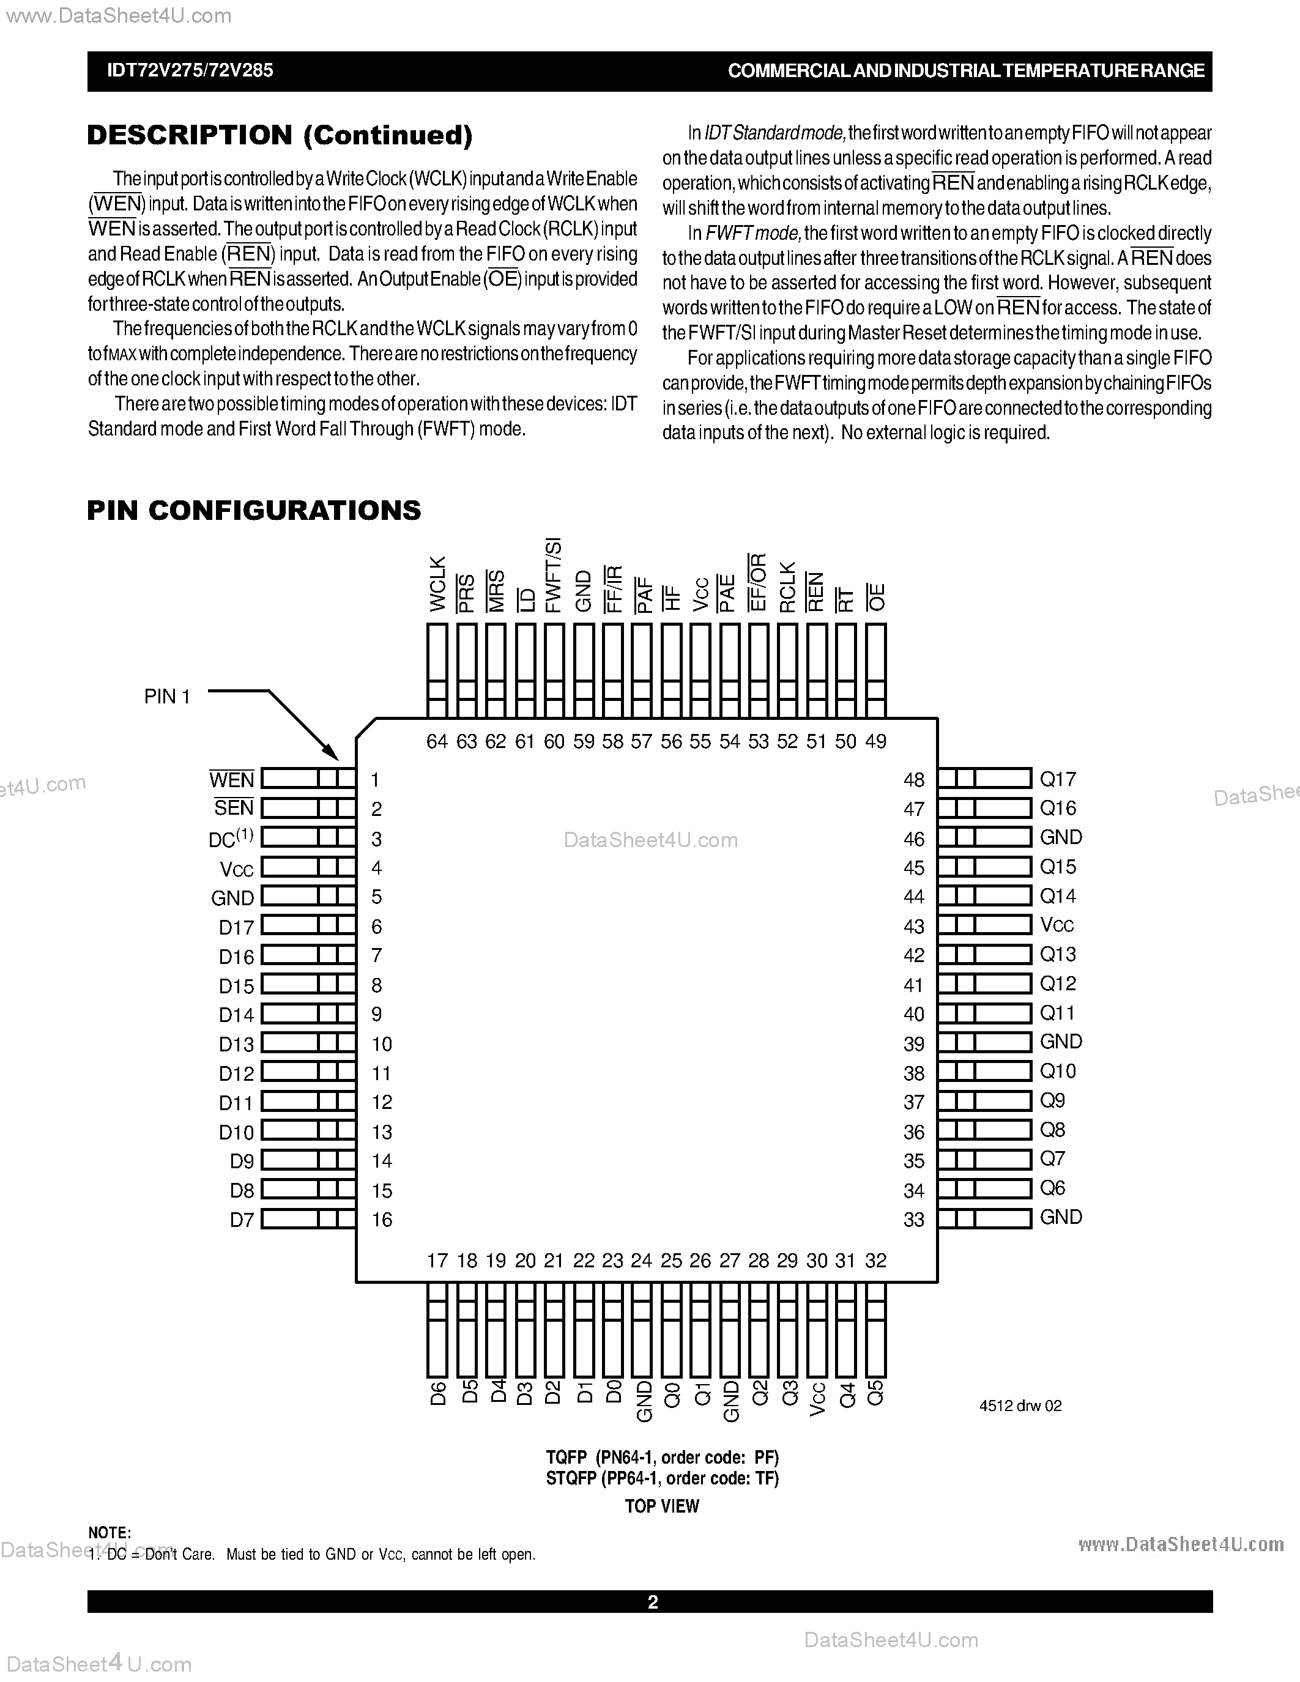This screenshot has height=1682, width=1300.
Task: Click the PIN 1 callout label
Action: (x=167, y=697)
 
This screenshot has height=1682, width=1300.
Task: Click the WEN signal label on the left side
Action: (x=232, y=780)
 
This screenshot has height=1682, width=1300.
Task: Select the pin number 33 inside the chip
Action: (x=914, y=1220)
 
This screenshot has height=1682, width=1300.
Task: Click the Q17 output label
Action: (x=1057, y=779)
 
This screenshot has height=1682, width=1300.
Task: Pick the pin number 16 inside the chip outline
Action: (x=382, y=1220)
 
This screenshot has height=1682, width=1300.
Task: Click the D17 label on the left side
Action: (x=236, y=928)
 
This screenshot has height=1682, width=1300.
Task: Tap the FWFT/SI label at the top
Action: (x=554, y=576)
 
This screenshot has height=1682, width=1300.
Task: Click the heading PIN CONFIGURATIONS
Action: (x=254, y=511)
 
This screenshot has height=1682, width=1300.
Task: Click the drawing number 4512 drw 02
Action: (x=1020, y=1406)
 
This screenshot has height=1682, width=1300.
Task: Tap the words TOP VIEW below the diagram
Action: (x=661, y=1506)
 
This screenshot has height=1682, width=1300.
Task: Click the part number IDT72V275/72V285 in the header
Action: (x=190, y=71)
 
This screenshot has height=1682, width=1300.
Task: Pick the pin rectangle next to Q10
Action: (x=984, y=1071)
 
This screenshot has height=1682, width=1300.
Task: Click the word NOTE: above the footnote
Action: (x=110, y=1533)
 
